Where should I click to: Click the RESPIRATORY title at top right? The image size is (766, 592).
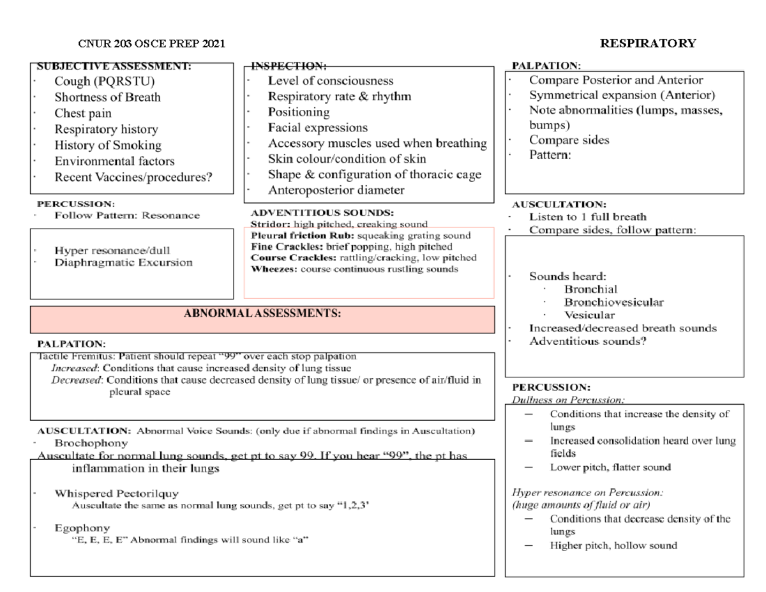tap(648, 43)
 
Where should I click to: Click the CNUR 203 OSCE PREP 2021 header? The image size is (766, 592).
tap(151, 43)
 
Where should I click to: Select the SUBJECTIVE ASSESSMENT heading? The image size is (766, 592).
tap(114, 65)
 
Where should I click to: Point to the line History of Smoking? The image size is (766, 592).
tap(108, 146)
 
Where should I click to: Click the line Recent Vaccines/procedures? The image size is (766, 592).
tap(133, 178)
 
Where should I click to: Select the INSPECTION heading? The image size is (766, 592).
tap(289, 65)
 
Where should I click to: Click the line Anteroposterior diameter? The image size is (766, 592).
tap(336, 190)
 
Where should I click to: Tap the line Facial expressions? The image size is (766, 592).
tap(318, 128)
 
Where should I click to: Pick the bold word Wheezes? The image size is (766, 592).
tap(273, 269)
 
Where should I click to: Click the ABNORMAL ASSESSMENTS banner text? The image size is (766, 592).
tap(262, 313)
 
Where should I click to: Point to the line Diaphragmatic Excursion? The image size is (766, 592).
tap(123, 262)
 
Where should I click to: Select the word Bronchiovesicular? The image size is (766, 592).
tap(613, 302)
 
